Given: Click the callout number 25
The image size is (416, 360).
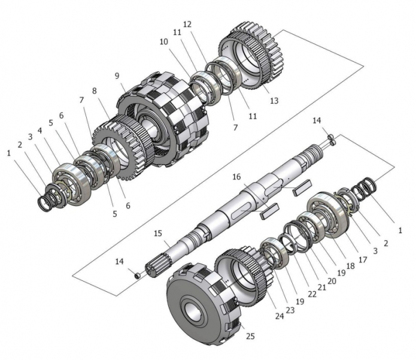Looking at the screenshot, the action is [x=250, y=336].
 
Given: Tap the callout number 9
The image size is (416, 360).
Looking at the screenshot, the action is [x=117, y=76].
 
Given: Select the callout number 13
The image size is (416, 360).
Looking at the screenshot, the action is [x=274, y=101].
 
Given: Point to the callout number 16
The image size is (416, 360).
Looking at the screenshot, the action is [x=236, y=177].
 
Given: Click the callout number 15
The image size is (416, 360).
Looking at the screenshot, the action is [x=157, y=234].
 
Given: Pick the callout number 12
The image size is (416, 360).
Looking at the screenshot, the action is [x=187, y=25].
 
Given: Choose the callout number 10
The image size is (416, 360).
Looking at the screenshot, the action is [x=163, y=42].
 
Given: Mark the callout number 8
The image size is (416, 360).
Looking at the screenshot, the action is [x=95, y=91].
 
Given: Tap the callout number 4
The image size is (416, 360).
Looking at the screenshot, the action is [x=40, y=131].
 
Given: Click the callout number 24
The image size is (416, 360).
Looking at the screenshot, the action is [x=280, y=316].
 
